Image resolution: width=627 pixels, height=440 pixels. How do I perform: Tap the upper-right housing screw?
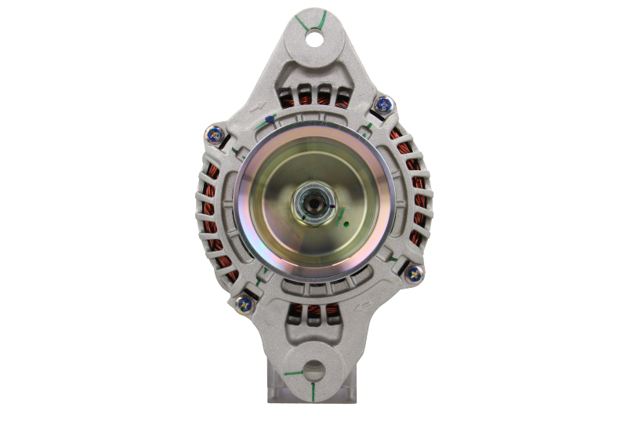point(383,102)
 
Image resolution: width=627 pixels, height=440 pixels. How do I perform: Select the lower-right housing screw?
point(412,273)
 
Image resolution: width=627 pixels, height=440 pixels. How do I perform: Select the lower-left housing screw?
point(243,300)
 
